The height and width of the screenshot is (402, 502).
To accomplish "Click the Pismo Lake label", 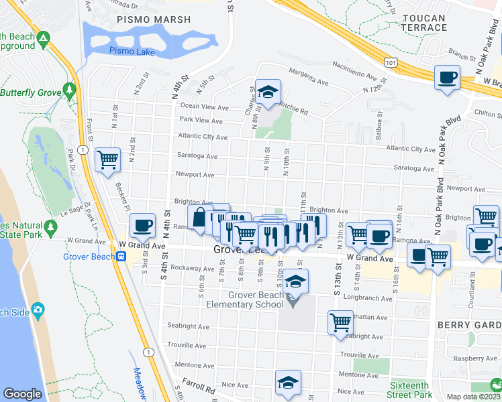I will pos(132,51).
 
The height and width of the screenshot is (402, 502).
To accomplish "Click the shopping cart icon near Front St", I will pos(107,159).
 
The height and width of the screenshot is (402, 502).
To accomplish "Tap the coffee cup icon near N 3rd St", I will pos(142,225).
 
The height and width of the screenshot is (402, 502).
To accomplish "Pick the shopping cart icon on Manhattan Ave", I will pos(340,322).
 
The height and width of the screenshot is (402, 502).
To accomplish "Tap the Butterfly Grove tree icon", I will pos(68,89).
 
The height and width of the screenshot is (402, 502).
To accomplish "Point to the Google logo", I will pos(22,394).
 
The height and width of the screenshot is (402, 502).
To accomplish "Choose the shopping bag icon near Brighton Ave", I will pos(199,217).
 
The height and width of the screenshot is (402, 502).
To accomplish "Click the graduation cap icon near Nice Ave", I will pos(288,382).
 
